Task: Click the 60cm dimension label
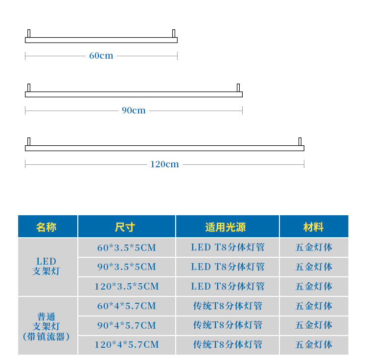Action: click(101, 56)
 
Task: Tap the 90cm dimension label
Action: click(134, 111)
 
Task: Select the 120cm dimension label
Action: click(164, 164)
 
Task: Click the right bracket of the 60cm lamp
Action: click(174, 33)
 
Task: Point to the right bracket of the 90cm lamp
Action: click(238, 88)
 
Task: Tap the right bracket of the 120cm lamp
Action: click(300, 141)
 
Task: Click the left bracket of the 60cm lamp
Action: click(29, 33)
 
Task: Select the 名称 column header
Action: click(47, 227)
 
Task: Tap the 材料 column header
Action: click(314, 227)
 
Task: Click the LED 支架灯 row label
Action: click(47, 267)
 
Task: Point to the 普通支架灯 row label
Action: click(47, 326)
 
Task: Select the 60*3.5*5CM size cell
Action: click(126, 248)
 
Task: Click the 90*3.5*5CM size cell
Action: click(126, 267)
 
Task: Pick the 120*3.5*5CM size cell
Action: click(126, 287)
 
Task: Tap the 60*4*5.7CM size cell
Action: click(126, 306)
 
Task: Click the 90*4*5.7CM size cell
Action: click(126, 325)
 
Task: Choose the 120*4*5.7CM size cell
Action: click(126, 345)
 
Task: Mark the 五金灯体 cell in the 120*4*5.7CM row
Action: click(314, 345)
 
